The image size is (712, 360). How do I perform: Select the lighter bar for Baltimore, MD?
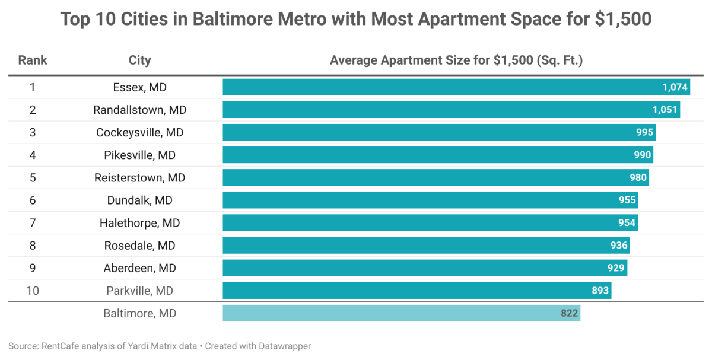pyautogui.click(x=392, y=313)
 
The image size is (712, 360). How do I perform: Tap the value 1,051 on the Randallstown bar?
pyautogui.click(x=665, y=110)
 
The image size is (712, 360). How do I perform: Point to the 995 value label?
pyautogui.click(x=644, y=132)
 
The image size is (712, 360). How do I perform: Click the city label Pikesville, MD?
pyautogui.click(x=140, y=155)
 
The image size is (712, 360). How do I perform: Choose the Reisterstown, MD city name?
pyautogui.click(x=140, y=178)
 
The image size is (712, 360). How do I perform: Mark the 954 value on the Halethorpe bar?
pyautogui.click(x=627, y=223)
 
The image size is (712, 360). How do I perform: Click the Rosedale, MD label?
pyautogui.click(x=140, y=246)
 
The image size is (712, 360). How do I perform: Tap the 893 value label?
pyautogui.click(x=600, y=291)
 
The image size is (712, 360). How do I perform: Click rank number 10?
pyautogui.click(x=33, y=291)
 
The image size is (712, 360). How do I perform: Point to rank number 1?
pyautogui.click(x=33, y=87)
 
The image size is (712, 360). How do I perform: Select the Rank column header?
pyautogui.click(x=33, y=60)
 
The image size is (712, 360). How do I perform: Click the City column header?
pyautogui.click(x=140, y=60)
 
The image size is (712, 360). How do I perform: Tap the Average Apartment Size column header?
pyautogui.click(x=457, y=60)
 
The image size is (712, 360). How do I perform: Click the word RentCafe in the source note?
pyautogui.click(x=57, y=346)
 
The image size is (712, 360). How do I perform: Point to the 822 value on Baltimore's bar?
pyautogui.click(x=570, y=313)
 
